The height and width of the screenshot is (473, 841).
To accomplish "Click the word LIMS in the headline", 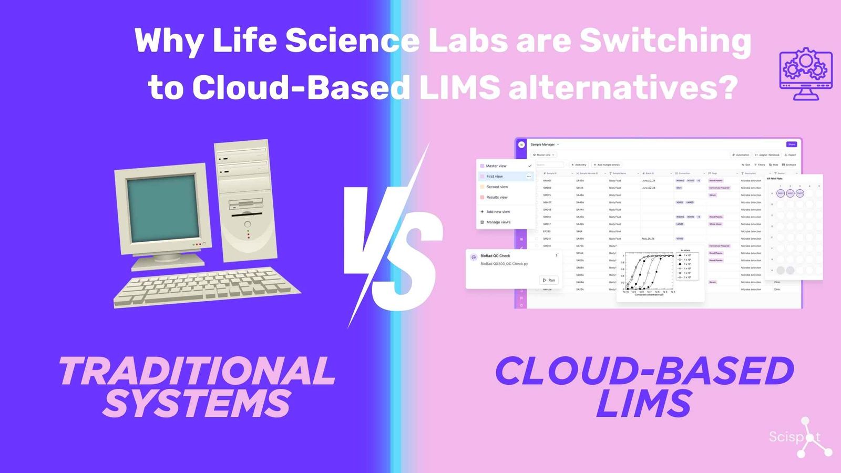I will tap(459, 87).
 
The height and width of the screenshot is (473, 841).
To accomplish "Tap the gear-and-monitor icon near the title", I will tap(805, 74).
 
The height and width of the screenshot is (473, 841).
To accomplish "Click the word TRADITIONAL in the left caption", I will tap(197, 371).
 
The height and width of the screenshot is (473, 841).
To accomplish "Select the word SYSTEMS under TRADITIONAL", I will tap(197, 404).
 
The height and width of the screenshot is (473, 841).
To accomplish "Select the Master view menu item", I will tap(496, 166).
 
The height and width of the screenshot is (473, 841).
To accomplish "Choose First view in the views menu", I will tap(495, 177).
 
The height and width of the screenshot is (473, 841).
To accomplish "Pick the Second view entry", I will tap(497, 187).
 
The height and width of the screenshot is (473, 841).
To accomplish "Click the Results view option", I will tap(497, 198).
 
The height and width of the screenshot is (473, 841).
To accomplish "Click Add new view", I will tap(498, 212).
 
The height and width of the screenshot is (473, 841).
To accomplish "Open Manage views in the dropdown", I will tap(498, 222).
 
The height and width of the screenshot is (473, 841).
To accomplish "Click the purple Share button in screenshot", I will tap(791, 145).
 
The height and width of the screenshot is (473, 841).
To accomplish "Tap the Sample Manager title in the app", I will tap(542, 145).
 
